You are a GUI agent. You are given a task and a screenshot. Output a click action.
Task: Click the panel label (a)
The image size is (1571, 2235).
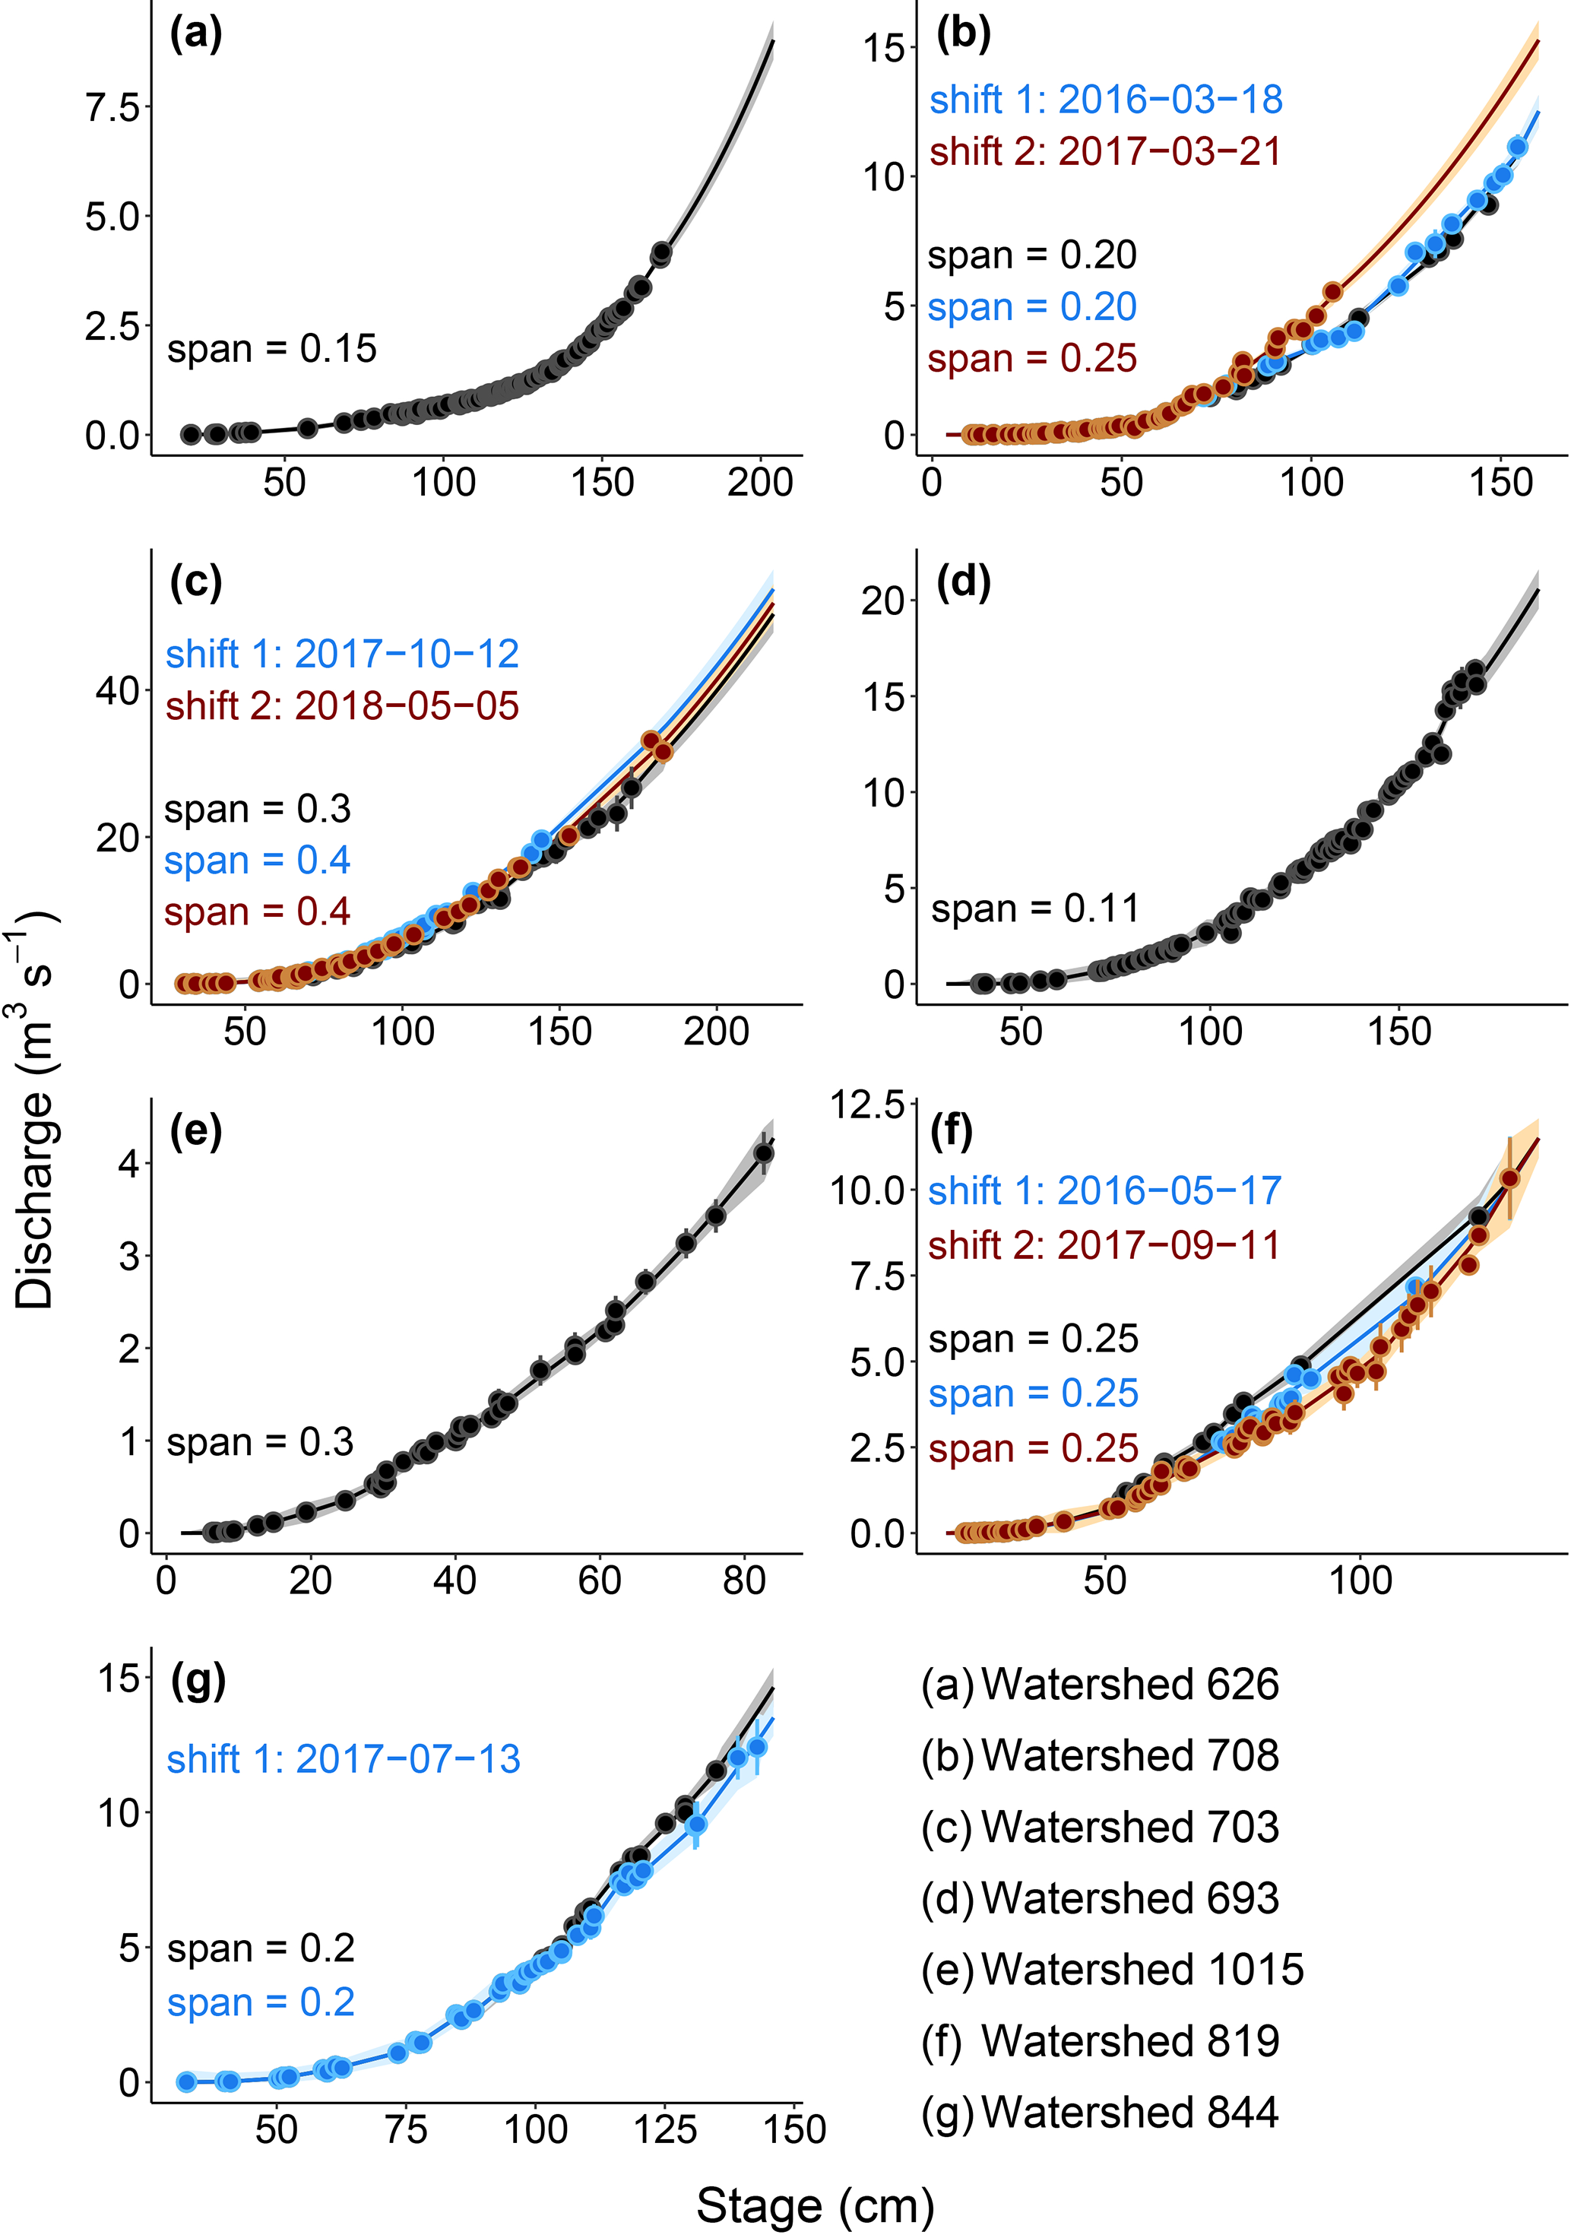tap(195, 35)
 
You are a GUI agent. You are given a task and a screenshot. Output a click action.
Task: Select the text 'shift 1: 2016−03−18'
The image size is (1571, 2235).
tap(1105, 100)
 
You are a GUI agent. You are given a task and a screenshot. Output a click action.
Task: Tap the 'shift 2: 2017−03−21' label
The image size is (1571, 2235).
tap(1105, 152)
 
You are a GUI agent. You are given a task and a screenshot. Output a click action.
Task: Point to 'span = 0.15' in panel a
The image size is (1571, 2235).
tap(271, 348)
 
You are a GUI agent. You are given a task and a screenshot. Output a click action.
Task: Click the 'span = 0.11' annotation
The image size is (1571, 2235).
tap(1034, 908)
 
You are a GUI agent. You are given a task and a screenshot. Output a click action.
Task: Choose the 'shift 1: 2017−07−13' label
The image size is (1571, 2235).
tap(343, 1759)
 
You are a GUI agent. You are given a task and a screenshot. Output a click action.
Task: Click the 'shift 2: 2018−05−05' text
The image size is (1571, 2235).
tap(342, 705)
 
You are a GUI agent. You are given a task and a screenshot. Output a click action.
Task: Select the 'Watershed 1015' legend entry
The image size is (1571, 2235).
tap(1142, 1969)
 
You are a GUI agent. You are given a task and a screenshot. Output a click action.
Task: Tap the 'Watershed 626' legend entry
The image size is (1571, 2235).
tap(1129, 1684)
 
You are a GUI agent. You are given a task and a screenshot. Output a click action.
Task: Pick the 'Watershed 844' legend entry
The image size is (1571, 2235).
tap(1129, 2113)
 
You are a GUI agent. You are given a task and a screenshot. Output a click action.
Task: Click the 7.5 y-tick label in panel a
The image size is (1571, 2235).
tap(113, 107)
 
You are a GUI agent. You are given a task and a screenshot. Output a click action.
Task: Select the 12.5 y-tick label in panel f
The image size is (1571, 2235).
tap(866, 1105)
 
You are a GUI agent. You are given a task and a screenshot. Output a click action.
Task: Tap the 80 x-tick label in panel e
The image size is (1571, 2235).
tap(745, 1580)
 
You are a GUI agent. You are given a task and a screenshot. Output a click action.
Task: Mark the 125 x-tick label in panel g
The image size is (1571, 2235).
tap(666, 2130)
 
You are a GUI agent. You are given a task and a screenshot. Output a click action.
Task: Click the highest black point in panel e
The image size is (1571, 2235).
tap(764, 1153)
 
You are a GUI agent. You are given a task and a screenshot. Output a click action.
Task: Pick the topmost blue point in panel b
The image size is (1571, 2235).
tap(1516, 147)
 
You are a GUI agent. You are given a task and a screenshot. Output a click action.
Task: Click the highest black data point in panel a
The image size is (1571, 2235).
tap(662, 253)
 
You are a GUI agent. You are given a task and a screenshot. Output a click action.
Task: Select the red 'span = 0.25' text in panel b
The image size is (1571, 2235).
tap(1032, 358)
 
